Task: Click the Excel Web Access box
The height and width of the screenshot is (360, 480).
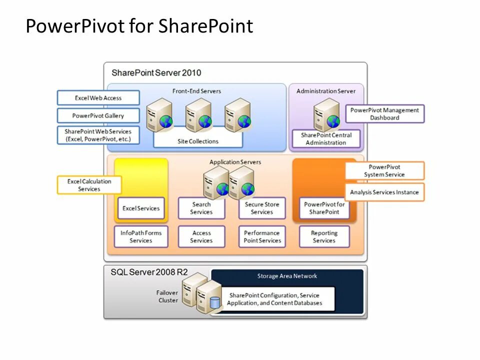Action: (x=98, y=98)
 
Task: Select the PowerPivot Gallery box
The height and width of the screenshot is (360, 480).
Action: (x=98, y=115)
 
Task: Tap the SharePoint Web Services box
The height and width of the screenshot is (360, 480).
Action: (x=98, y=135)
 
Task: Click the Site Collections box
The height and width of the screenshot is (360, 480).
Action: (x=198, y=141)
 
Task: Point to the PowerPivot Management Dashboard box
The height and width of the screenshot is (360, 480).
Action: (x=384, y=114)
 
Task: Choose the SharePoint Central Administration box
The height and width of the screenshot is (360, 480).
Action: (x=326, y=138)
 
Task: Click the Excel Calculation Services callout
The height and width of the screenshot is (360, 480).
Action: (x=89, y=185)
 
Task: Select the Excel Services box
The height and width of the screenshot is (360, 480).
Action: (x=141, y=208)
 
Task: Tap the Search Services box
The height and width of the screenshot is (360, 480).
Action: (x=201, y=208)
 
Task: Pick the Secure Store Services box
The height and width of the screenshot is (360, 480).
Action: (x=261, y=208)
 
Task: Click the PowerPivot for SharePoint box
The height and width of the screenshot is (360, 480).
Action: (x=324, y=208)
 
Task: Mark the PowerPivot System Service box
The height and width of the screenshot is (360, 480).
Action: (x=384, y=170)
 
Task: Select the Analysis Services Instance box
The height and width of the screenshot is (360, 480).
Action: (x=384, y=192)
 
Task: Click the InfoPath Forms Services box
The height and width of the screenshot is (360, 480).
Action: (x=141, y=236)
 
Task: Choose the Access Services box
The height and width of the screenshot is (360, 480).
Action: (x=201, y=236)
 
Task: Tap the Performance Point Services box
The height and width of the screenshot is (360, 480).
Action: (x=261, y=236)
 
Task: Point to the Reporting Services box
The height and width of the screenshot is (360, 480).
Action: (x=324, y=236)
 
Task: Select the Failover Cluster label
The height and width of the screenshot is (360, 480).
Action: (x=168, y=296)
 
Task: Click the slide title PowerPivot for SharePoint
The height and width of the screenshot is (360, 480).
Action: (x=139, y=26)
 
